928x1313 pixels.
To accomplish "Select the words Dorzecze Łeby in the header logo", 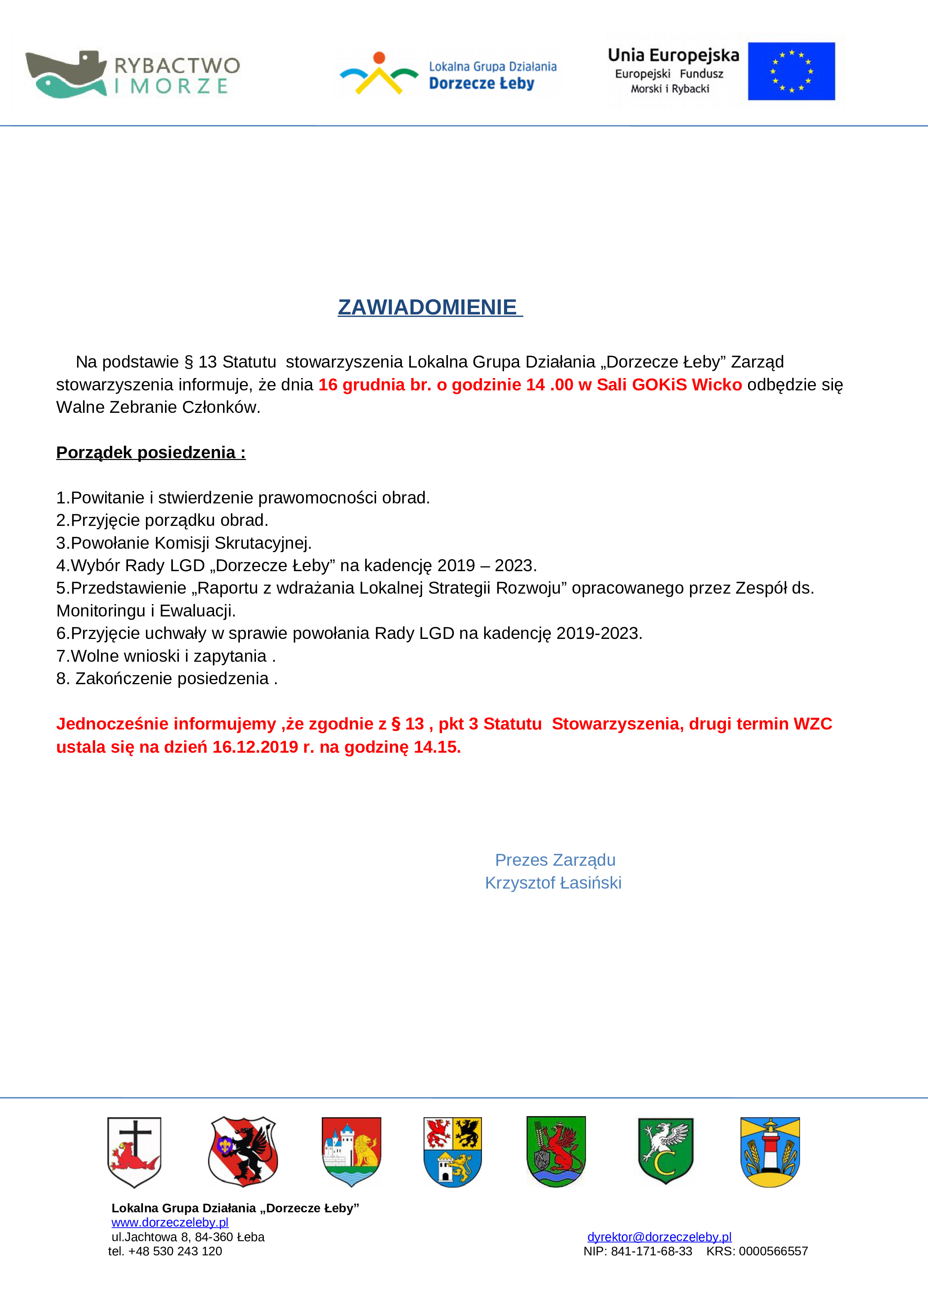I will click(482, 83).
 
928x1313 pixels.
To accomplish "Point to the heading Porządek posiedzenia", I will click(151, 453).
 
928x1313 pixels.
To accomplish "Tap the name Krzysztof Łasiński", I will click(553, 883).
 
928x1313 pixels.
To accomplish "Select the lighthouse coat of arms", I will click(770, 1152).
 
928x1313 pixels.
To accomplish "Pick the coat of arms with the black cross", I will click(134, 1152).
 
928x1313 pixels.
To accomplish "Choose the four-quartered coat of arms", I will click(452, 1152).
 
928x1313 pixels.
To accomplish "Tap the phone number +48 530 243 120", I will click(175, 1251).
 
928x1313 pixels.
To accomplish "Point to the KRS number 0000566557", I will click(773, 1251).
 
